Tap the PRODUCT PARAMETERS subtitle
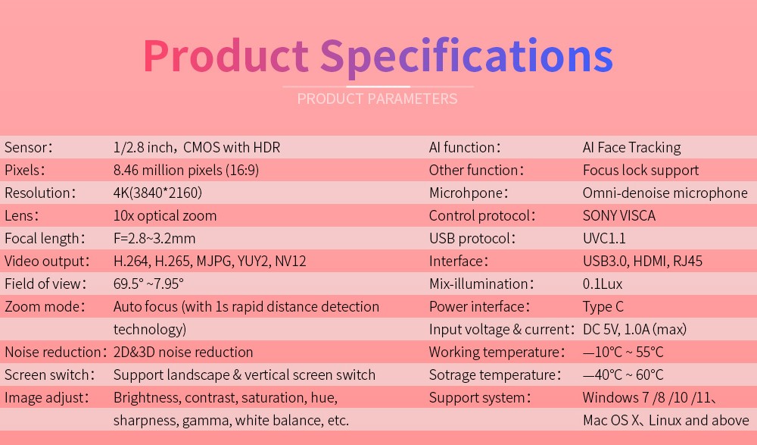pyautogui.click(x=377, y=99)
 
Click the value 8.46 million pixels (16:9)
pyautogui.click(x=186, y=171)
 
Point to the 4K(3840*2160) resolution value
pyautogui.click(x=157, y=193)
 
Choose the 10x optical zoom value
pyautogui.click(x=164, y=216)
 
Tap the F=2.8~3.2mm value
pyautogui.click(x=154, y=239)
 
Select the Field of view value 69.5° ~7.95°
pyautogui.click(x=148, y=284)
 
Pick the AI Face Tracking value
pyautogui.click(x=631, y=148)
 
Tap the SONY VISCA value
pyautogui.click(x=619, y=216)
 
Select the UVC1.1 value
pyautogui.click(x=604, y=239)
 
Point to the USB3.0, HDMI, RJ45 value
pyautogui.click(x=643, y=262)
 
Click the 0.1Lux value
pyautogui.click(x=603, y=284)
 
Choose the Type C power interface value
pyautogui.click(x=603, y=307)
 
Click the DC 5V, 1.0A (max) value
pyautogui.click(x=634, y=330)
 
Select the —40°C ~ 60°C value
pyautogui.click(x=623, y=374)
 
